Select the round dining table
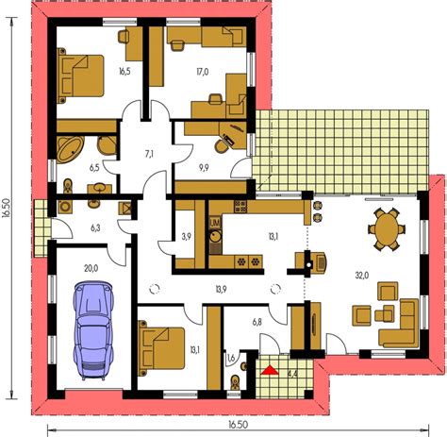385,227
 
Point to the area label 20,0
91,268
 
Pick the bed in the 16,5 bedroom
79,73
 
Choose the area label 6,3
94,227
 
